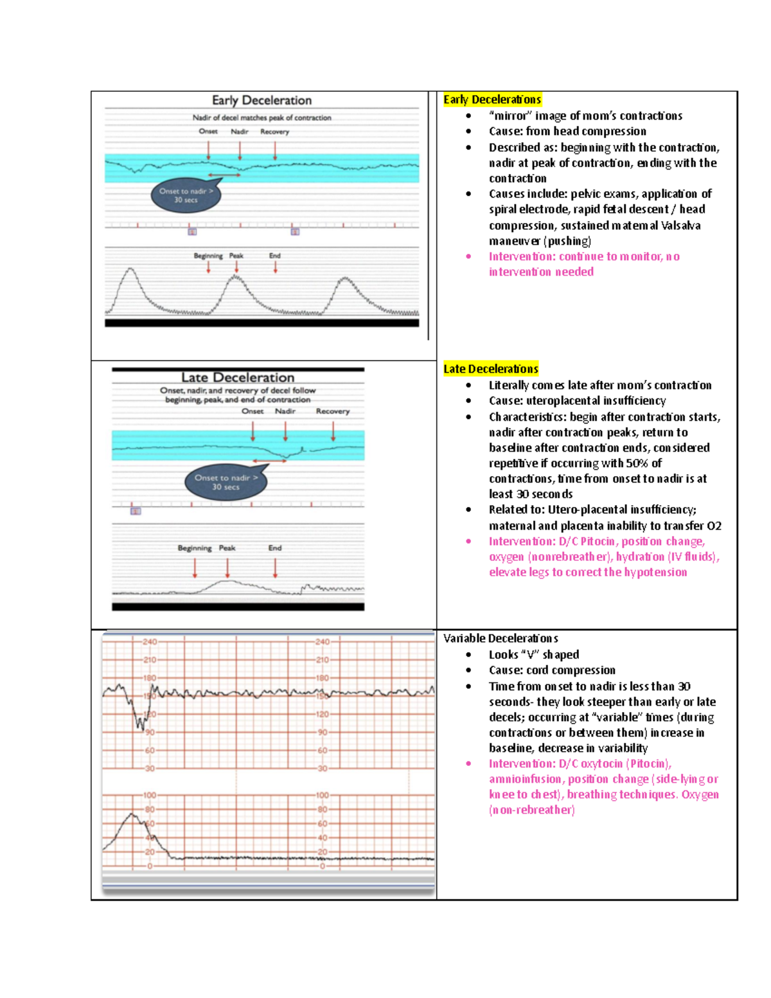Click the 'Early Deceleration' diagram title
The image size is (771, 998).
261,100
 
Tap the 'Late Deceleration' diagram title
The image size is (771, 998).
238,377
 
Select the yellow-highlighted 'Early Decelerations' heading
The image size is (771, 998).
492,100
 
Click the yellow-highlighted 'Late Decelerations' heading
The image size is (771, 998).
491,369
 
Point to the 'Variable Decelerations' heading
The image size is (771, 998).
501,638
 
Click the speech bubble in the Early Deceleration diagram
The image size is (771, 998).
186,195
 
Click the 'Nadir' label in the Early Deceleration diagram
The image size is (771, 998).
240,132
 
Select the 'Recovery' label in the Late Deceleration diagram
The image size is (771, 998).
333,411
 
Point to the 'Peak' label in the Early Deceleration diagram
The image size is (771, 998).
236,256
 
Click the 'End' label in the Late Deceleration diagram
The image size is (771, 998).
275,548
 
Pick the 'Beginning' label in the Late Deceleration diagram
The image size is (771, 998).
195,548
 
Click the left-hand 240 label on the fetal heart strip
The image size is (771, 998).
150,642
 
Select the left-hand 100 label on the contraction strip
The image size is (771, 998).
150,796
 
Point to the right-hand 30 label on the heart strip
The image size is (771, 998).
323,769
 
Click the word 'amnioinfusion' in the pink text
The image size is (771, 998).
524,780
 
